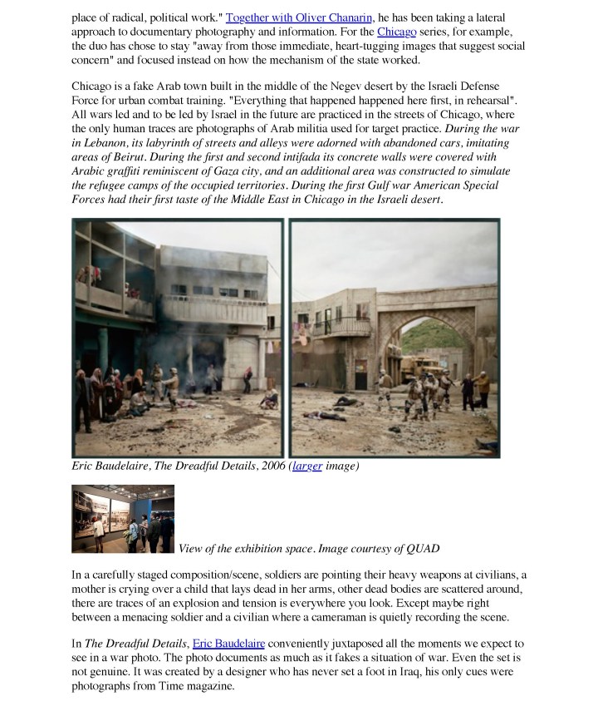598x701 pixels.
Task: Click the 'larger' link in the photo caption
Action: coord(309,467)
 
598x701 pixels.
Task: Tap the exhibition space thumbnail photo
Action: coord(123,519)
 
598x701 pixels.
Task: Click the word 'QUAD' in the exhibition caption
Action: coord(421,548)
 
